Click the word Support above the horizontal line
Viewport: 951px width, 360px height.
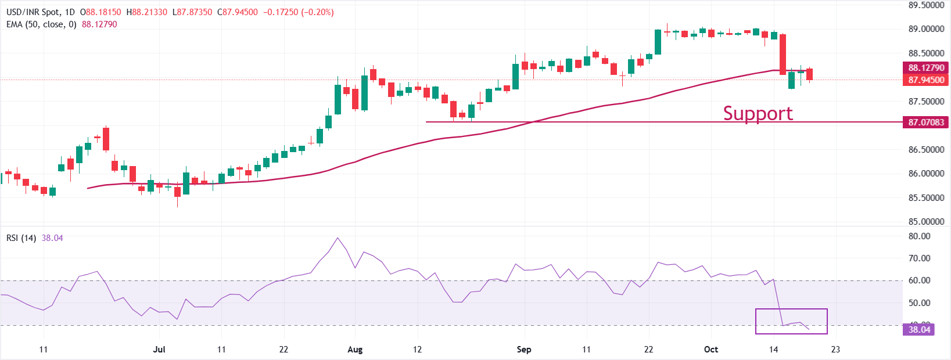(758, 113)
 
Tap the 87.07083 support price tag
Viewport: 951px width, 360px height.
(926, 123)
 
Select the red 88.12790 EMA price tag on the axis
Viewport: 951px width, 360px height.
(926, 68)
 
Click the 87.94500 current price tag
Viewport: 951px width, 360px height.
(926, 80)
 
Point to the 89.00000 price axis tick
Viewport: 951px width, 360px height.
(926, 29)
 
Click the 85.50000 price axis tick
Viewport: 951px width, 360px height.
(926, 198)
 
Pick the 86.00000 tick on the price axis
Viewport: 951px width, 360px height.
(926, 174)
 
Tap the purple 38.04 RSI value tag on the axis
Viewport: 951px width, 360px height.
(919, 330)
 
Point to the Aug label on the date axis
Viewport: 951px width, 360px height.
(355, 350)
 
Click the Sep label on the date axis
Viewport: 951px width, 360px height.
(523, 350)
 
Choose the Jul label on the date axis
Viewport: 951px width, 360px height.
(159, 350)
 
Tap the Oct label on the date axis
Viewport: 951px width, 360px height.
(710, 350)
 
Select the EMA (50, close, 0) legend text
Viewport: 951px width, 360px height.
(41, 24)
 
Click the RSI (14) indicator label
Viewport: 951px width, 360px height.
(21, 238)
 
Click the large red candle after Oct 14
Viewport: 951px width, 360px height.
(783, 54)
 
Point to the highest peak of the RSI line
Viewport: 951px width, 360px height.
(338, 237)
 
